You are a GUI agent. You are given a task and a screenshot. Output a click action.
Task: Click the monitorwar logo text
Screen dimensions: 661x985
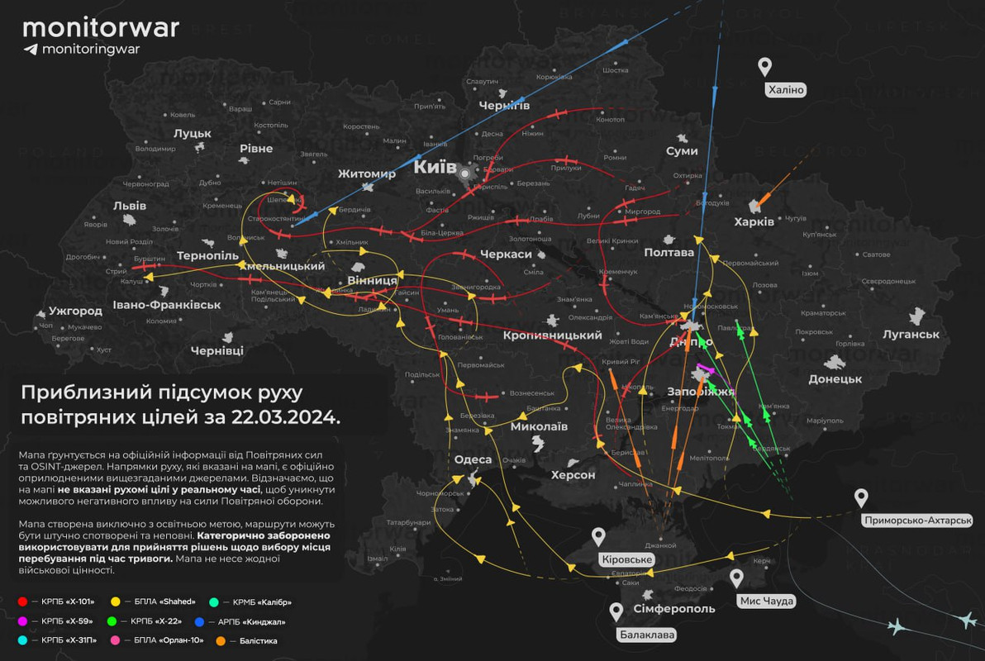pyautogui.click(x=101, y=27)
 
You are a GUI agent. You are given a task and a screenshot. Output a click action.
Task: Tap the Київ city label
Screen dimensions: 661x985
pyautogui.click(x=435, y=168)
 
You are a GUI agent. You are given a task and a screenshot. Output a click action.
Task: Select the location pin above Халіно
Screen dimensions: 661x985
pyautogui.click(x=765, y=67)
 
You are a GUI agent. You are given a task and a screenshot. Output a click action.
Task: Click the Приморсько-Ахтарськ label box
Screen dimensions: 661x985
pyautogui.click(x=916, y=521)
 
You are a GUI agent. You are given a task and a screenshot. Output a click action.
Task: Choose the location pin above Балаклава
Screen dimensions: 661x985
pyautogui.click(x=616, y=612)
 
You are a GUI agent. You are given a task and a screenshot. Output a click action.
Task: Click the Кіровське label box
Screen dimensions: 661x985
pyautogui.click(x=627, y=559)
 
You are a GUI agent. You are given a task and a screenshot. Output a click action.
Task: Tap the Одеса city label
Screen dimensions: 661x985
pyautogui.click(x=473, y=459)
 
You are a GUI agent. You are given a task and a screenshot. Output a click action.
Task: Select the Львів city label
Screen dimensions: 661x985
pyautogui.click(x=130, y=206)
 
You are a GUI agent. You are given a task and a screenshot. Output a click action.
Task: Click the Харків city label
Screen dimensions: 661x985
pyautogui.click(x=754, y=221)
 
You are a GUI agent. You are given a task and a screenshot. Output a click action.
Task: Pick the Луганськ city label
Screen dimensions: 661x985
pyautogui.click(x=911, y=334)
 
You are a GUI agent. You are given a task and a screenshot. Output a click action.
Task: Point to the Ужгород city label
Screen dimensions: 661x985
pyautogui.click(x=75, y=311)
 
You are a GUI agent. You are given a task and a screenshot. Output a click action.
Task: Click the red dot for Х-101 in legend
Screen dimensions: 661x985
pyautogui.click(x=22, y=602)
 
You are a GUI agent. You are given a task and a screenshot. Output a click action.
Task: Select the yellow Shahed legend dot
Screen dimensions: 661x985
pyautogui.click(x=116, y=602)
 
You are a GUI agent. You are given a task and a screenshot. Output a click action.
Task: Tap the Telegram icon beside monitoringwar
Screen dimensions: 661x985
pyautogui.click(x=31, y=50)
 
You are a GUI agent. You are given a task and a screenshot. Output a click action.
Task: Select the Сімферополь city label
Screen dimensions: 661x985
pyautogui.click(x=673, y=608)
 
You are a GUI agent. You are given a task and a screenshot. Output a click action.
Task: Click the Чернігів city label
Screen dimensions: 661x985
pyautogui.click(x=504, y=104)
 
